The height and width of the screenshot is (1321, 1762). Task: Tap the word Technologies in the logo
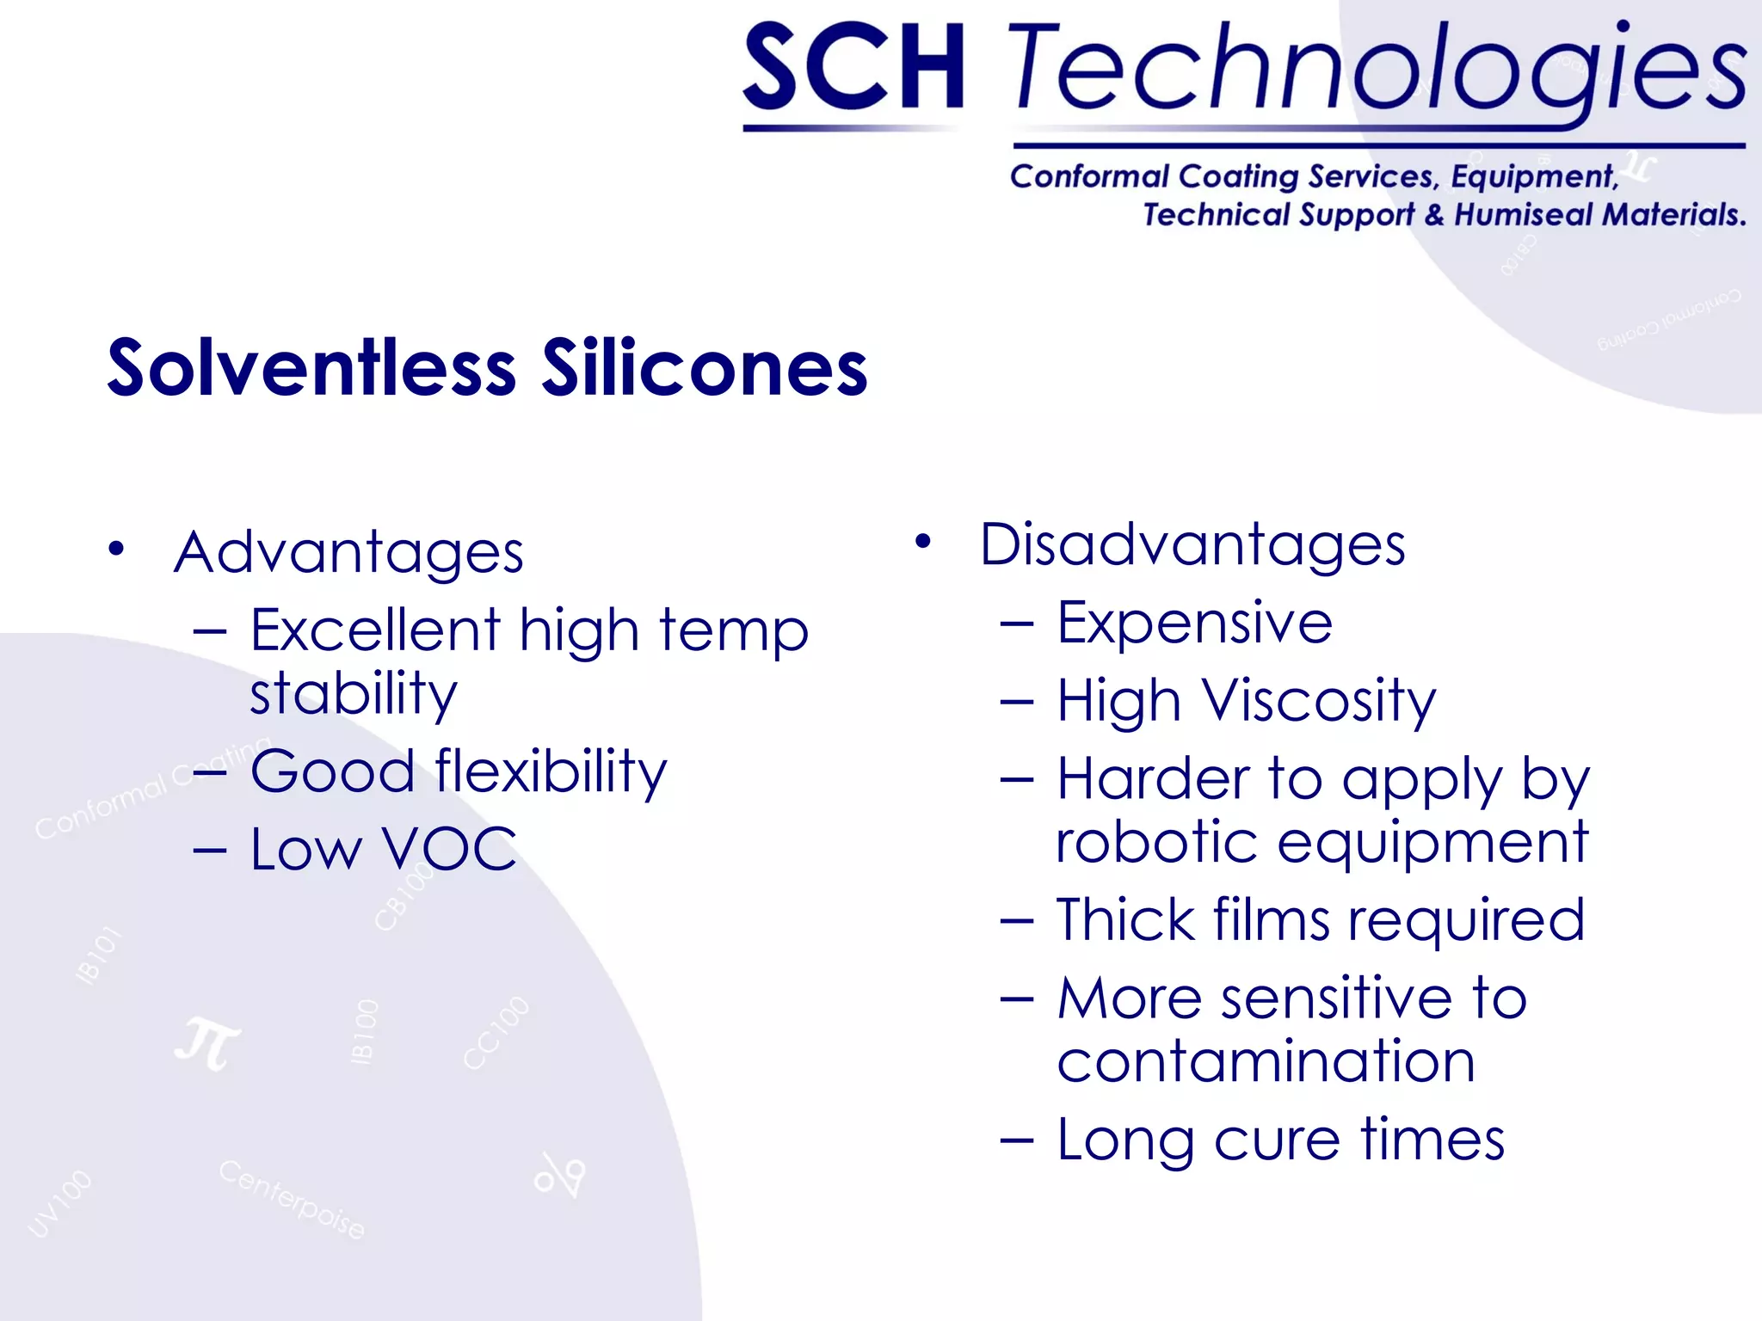[x=1377, y=69]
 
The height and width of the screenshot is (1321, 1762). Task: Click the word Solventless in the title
[x=311, y=368]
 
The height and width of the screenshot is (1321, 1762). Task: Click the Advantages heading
[x=348, y=552]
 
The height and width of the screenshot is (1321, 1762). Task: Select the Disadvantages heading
[x=1192, y=545]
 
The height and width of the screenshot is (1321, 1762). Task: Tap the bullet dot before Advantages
[x=117, y=549]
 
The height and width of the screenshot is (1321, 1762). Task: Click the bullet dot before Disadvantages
[x=923, y=541]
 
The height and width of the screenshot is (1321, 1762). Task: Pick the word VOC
[x=448, y=850]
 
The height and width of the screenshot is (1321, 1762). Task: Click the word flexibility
[x=551, y=771]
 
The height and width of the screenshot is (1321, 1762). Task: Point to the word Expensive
[x=1194, y=623]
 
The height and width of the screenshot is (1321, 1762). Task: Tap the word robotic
[x=1156, y=842]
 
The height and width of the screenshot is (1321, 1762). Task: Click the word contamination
[x=1266, y=1061]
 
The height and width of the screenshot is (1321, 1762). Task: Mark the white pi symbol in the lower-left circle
[x=207, y=1043]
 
